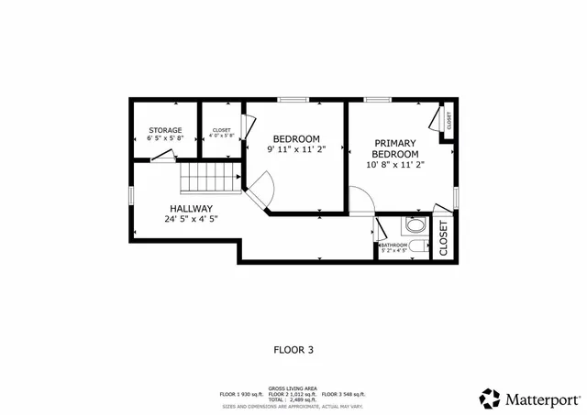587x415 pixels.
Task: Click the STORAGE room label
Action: (x=165, y=130)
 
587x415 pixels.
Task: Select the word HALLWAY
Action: (x=191, y=208)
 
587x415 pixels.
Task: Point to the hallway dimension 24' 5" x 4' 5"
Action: (x=191, y=219)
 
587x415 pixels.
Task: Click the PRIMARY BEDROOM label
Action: (x=395, y=148)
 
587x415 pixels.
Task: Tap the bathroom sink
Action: (x=415, y=224)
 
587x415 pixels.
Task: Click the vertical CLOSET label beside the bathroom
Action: (x=443, y=237)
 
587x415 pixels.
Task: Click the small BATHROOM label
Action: (x=394, y=245)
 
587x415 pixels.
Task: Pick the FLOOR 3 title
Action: (x=293, y=349)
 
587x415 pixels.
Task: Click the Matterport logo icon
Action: (x=490, y=398)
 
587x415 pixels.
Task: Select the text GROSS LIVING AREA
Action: (x=293, y=388)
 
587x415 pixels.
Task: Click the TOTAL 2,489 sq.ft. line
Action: (x=293, y=399)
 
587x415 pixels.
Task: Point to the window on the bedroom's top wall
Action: (x=293, y=99)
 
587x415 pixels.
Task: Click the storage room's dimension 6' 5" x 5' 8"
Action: (x=165, y=138)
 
